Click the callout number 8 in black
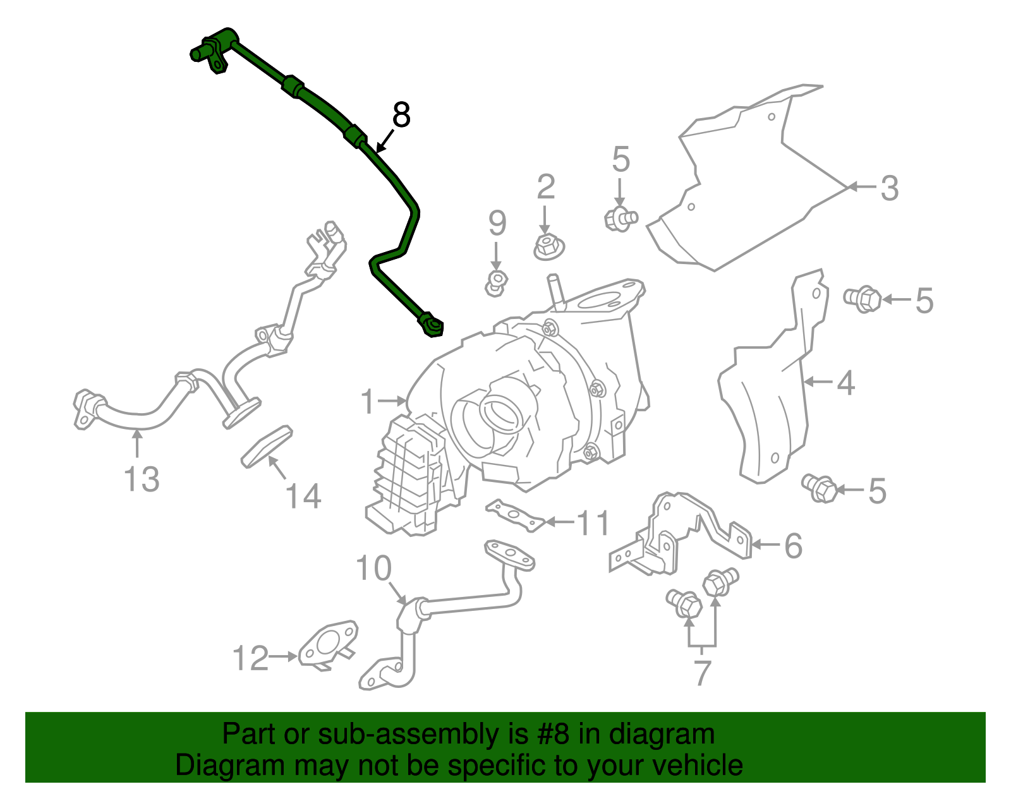coord(401,115)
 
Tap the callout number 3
coord(889,188)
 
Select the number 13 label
coord(142,479)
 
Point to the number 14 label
coord(303,496)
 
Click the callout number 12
coord(250,658)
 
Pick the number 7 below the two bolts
coord(703,673)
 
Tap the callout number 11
coord(593,523)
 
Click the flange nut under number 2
coord(549,246)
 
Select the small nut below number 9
coord(496,283)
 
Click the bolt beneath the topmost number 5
coord(621,219)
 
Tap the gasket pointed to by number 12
coord(328,646)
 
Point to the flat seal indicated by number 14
coord(267,447)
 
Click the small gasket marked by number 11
coord(515,515)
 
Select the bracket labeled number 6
coord(679,534)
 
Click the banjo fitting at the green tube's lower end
coord(432,325)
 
